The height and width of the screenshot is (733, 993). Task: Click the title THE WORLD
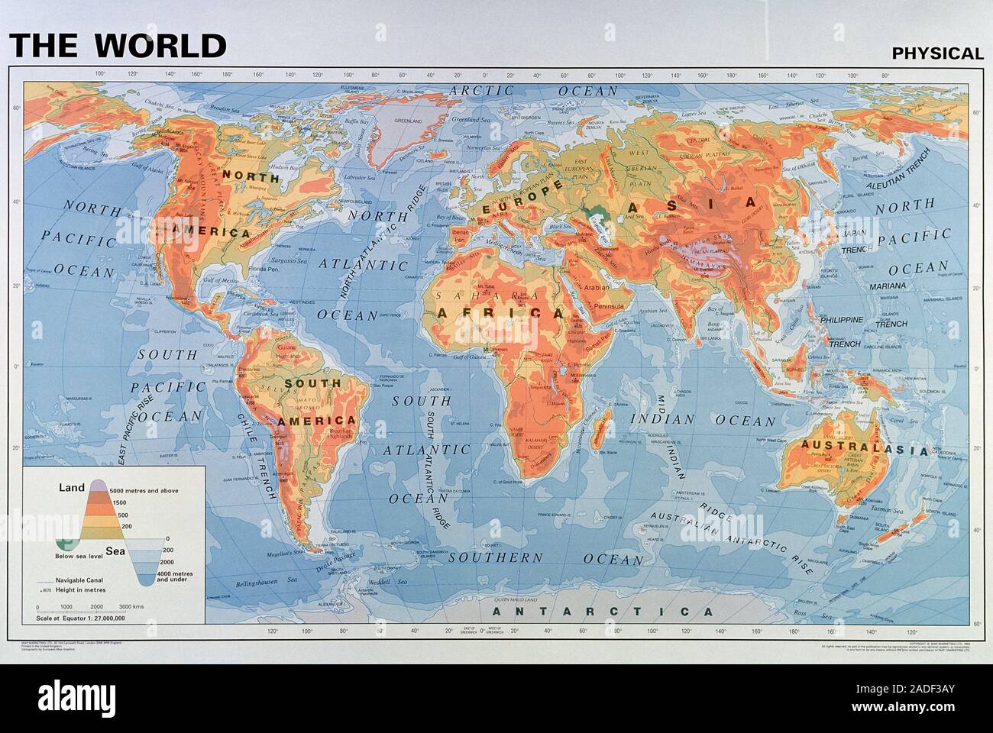118,45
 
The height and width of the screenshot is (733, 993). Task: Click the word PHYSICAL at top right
937,53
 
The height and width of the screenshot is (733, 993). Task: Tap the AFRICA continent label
500,313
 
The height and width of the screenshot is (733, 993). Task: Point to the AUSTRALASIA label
864,448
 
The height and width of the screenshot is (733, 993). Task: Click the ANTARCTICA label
603,612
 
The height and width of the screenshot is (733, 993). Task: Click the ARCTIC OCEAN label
533,90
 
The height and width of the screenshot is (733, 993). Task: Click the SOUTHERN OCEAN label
545,558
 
